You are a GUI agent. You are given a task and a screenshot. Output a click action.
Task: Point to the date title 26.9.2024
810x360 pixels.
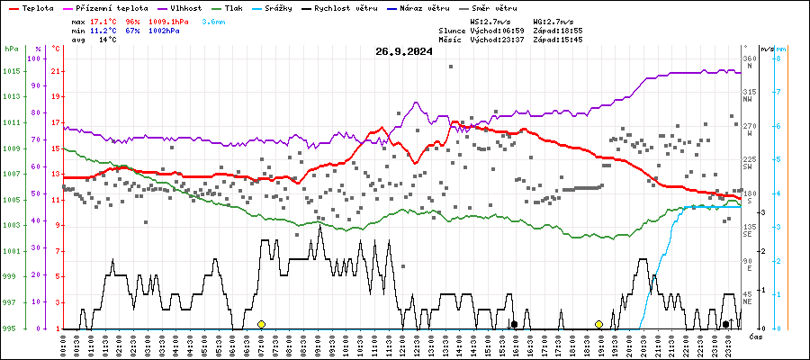click(404, 51)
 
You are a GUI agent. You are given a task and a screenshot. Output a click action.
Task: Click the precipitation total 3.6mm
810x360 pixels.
click(214, 20)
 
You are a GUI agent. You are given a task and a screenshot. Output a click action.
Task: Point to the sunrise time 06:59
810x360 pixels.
click(514, 30)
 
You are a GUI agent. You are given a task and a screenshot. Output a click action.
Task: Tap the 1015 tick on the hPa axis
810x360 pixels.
click(12, 71)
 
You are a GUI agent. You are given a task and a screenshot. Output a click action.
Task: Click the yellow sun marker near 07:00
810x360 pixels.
click(261, 324)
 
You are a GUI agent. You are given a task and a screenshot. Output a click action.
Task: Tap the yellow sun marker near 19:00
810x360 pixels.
click(598, 324)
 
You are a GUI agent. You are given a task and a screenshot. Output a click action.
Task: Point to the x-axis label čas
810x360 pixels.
click(756, 337)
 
